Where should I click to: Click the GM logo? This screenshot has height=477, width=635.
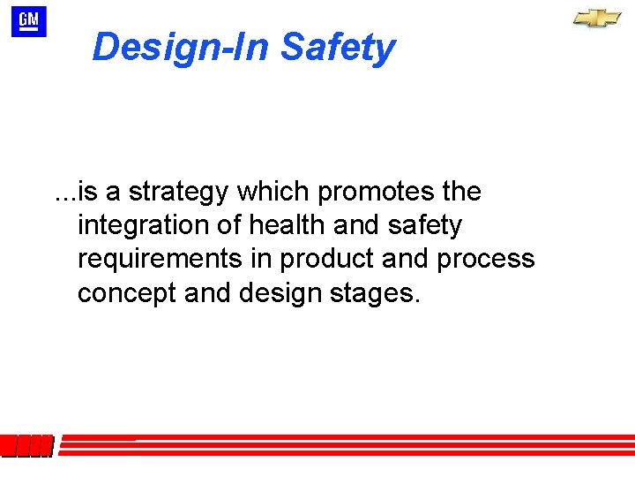click(x=28, y=20)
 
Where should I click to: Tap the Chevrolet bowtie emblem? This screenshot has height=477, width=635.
click(x=597, y=19)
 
